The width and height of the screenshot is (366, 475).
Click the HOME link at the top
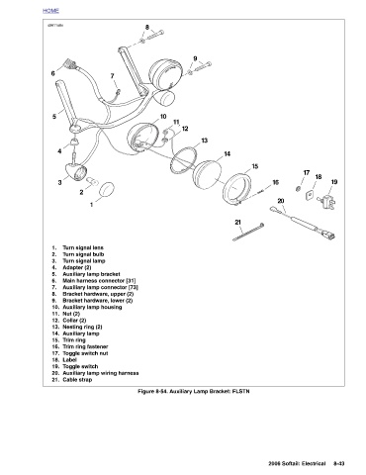[50, 11]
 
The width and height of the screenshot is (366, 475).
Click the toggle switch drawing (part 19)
[327, 200]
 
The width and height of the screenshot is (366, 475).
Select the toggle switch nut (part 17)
[298, 189]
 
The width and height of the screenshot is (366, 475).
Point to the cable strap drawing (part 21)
[248, 233]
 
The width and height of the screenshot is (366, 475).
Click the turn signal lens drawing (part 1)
[107, 190]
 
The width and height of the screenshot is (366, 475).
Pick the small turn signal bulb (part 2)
[92, 181]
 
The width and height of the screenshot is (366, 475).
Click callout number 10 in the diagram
[163, 117]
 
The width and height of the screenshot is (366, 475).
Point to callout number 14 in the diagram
[227, 154]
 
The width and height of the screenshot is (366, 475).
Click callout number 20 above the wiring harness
[281, 201]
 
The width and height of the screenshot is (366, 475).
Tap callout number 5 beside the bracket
[54, 116]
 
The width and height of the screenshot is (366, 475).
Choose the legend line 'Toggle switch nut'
[85, 353]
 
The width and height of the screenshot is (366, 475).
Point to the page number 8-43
[339, 463]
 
